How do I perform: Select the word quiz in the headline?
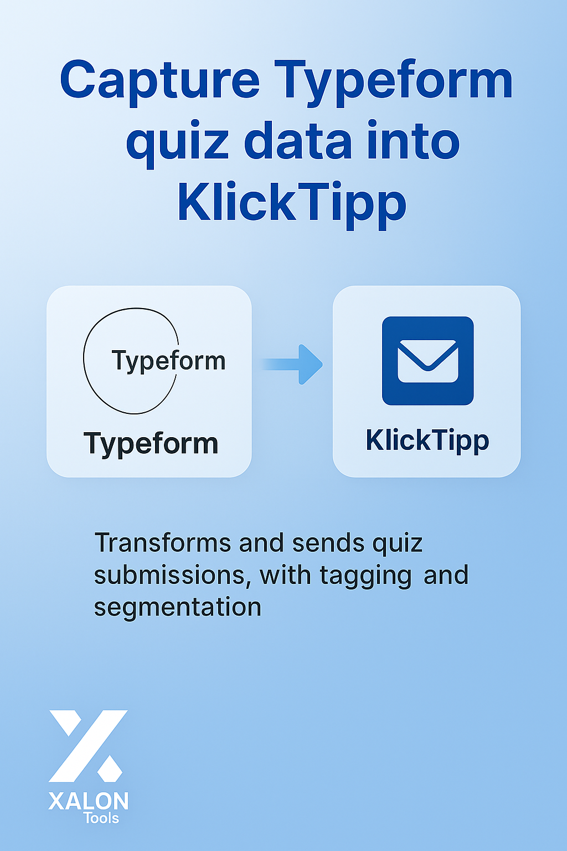(x=177, y=145)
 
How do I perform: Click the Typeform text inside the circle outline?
(x=169, y=361)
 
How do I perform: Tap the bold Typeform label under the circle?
(x=151, y=444)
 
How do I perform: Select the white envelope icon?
(x=427, y=361)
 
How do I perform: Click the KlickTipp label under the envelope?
(x=427, y=440)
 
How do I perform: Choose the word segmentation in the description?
(x=178, y=607)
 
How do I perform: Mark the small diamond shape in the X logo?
(x=110, y=768)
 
